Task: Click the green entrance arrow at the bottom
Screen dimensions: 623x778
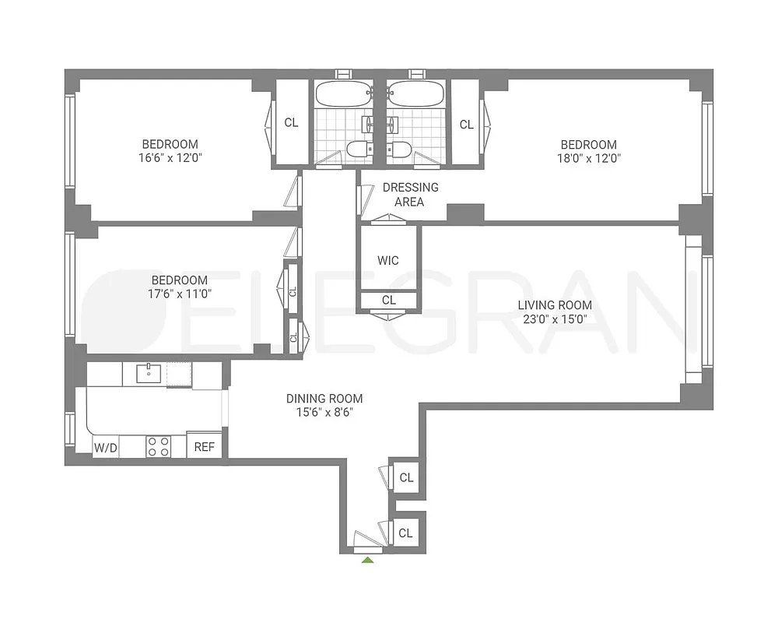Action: point(368,558)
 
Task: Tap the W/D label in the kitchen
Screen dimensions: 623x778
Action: point(105,447)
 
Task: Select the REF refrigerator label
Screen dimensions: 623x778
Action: point(205,447)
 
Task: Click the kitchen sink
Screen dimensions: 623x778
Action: point(149,374)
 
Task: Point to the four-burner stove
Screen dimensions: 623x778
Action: point(159,446)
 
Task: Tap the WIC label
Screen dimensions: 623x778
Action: point(388,260)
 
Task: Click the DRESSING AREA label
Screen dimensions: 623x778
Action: point(410,195)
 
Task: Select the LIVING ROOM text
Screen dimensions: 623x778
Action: point(555,305)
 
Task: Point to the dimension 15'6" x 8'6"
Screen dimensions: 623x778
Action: point(324,413)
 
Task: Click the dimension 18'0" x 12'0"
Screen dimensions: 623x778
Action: point(589,158)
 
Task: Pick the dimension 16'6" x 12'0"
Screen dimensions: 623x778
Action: point(170,157)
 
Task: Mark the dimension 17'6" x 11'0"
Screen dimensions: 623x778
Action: point(179,294)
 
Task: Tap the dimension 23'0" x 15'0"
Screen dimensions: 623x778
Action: point(555,319)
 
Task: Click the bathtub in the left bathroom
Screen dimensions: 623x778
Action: point(342,95)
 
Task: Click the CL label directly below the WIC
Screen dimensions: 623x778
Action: point(388,300)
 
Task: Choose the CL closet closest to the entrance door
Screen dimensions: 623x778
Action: point(405,533)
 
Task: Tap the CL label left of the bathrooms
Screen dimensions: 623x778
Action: point(291,123)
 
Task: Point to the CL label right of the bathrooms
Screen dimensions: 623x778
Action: point(466,124)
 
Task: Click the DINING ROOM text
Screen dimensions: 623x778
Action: point(324,399)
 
